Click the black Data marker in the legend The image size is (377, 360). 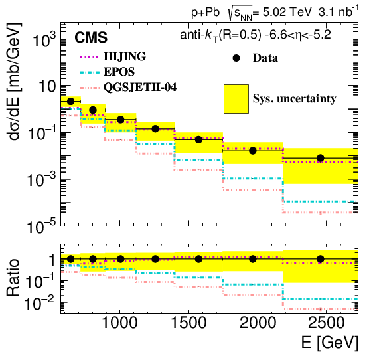point(236,58)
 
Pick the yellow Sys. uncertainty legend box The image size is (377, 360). point(236,98)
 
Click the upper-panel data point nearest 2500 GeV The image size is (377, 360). point(321,158)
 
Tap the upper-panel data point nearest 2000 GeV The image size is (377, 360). point(253,151)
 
